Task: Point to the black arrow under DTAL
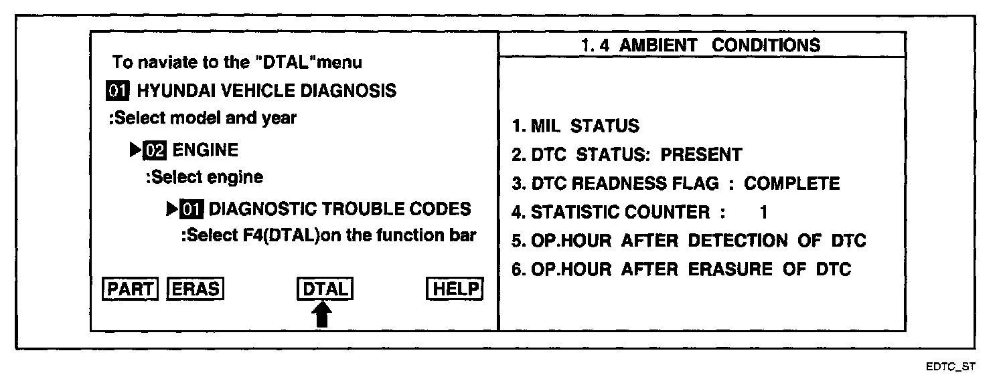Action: click(x=323, y=314)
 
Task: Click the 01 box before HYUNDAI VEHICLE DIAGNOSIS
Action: click(x=118, y=90)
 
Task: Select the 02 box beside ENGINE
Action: click(x=155, y=150)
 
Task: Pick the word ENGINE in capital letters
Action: click(x=205, y=150)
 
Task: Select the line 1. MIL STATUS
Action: click(x=575, y=126)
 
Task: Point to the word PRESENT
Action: click(x=701, y=155)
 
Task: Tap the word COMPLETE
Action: click(x=791, y=184)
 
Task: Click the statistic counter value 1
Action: click(x=763, y=213)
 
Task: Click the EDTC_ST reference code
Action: click(x=951, y=366)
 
